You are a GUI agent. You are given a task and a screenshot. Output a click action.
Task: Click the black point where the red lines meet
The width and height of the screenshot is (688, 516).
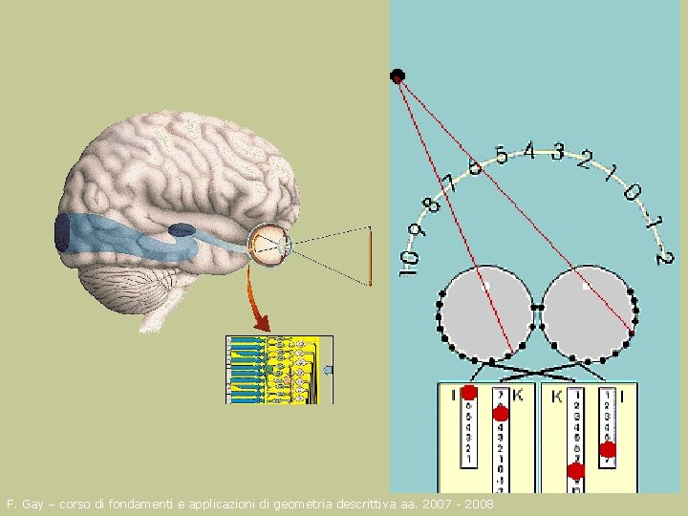(398, 75)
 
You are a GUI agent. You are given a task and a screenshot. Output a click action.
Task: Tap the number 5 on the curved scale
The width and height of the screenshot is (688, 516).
(501, 154)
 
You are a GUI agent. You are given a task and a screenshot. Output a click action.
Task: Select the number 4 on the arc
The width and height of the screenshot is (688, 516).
(528, 150)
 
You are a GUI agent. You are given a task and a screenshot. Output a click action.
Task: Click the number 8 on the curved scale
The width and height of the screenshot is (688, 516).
(433, 204)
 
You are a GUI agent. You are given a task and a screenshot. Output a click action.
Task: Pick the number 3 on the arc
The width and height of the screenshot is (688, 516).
(557, 152)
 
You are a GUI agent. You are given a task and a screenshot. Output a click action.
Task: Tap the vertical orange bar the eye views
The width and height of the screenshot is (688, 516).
(370, 255)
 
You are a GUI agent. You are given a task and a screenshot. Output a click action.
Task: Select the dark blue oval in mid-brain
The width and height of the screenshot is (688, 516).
(182, 229)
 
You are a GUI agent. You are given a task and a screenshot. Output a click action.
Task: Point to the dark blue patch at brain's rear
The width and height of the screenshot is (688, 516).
(62, 234)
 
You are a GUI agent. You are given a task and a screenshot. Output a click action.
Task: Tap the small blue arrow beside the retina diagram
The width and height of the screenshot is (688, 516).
(328, 369)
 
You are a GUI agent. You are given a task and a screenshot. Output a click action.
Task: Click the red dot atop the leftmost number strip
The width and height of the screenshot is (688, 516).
(469, 393)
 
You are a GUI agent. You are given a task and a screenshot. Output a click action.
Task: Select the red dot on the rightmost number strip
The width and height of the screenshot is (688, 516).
(609, 450)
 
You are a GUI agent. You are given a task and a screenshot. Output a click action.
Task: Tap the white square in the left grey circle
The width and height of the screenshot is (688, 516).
(486, 285)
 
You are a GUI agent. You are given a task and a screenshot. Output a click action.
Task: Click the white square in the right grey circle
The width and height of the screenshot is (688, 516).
(587, 285)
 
